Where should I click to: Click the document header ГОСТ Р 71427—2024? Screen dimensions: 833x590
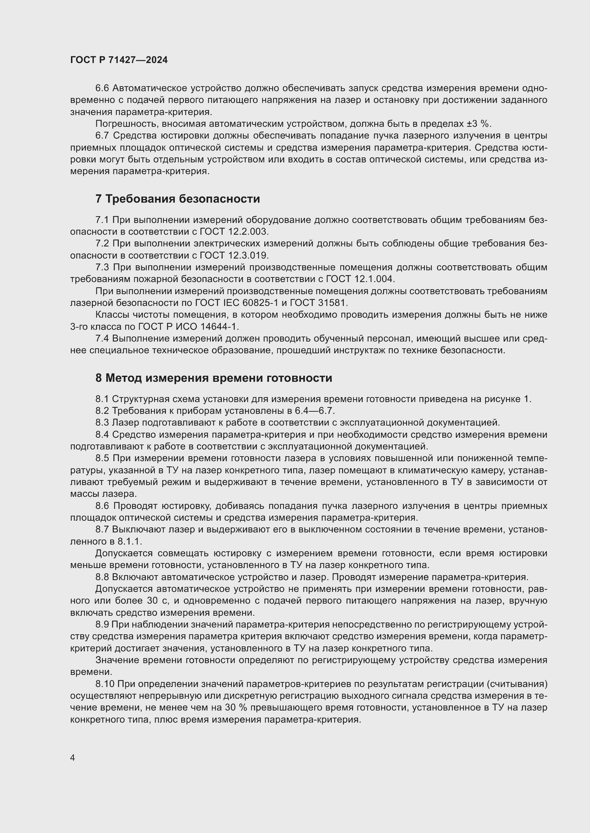(x=119, y=60)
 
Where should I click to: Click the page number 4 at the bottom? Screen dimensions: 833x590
(x=73, y=757)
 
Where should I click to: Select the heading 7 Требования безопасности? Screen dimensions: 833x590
(x=178, y=199)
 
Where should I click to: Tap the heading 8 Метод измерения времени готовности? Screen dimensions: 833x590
(x=214, y=378)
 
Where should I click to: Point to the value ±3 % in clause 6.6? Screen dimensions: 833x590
(x=478, y=124)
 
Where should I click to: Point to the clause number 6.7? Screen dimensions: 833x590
(x=102, y=136)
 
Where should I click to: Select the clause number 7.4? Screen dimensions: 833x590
(x=102, y=338)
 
